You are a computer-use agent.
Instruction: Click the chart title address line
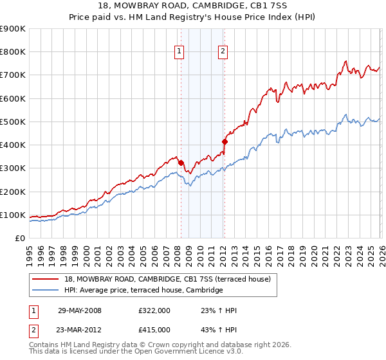tap(192, 6)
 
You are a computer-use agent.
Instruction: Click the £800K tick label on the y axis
tap(12, 52)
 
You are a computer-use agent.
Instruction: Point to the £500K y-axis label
tap(12, 122)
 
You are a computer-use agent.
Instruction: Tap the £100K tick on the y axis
tap(12, 215)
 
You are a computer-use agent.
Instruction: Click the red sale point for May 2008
tap(181, 163)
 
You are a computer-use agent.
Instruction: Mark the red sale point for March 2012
tap(225, 141)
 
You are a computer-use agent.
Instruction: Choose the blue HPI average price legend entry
tap(143, 291)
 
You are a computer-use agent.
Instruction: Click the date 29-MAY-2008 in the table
tap(80, 310)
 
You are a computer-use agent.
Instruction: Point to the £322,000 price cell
tap(154, 310)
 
